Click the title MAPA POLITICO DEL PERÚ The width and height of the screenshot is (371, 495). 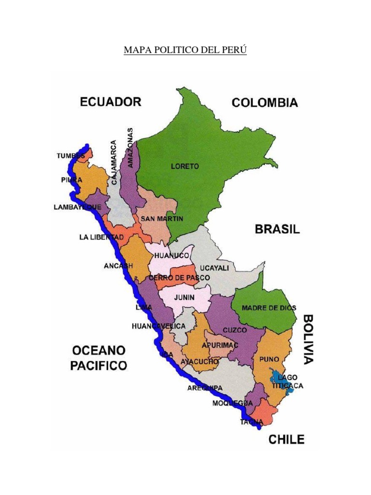pos(185,50)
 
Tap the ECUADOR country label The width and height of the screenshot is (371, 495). pos(110,102)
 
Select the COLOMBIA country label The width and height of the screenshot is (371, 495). pos(265,102)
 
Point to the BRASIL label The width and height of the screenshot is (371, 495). pos(277,230)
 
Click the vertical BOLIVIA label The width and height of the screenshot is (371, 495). pos(308,339)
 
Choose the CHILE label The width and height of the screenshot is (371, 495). pos(286,439)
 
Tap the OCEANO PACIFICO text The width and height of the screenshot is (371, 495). pos(99,357)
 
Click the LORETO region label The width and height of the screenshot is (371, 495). pos(185,166)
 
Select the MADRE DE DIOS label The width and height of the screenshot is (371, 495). pos(269,307)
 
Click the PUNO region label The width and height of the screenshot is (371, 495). pos(269,359)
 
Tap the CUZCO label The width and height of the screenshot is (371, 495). pos(235,330)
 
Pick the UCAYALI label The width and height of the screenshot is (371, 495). pos(214,267)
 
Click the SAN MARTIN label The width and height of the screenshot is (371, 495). pos(162,219)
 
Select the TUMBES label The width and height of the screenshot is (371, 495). pos(71,156)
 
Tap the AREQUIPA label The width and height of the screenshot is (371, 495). pos(205,388)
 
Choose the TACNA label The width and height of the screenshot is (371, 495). pos(252,422)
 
